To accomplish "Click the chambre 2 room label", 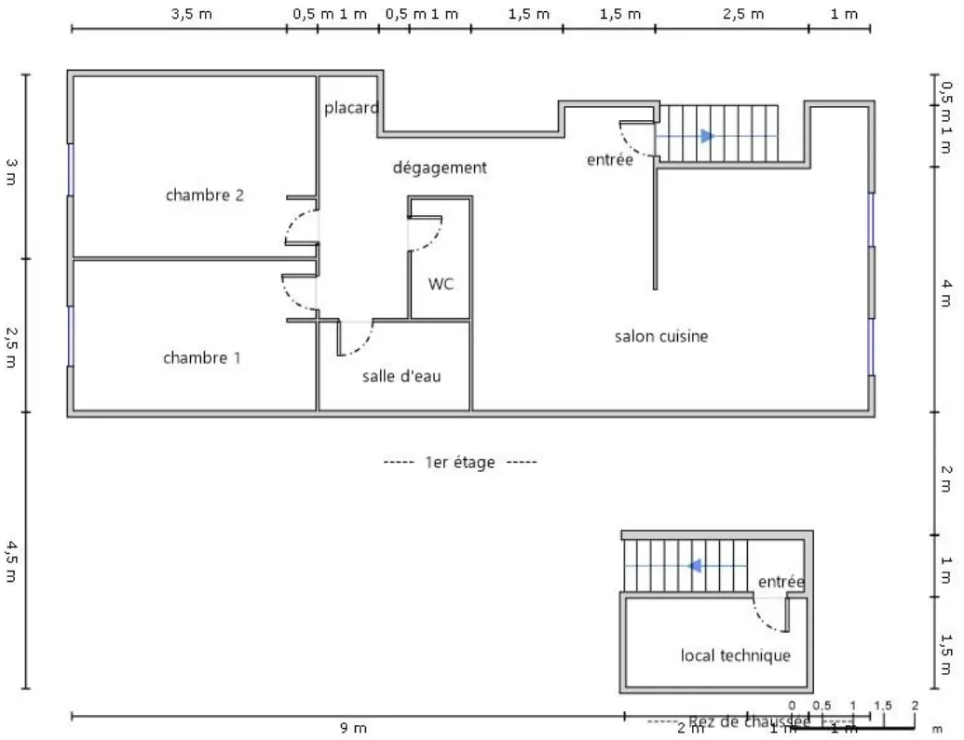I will click(x=205, y=195).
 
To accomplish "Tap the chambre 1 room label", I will click(x=202, y=357).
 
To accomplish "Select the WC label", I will click(x=441, y=284).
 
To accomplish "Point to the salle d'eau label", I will click(x=401, y=376).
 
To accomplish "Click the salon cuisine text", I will click(x=660, y=336).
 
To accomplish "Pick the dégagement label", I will click(x=440, y=168).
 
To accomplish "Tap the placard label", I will click(x=351, y=108).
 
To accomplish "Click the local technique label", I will click(x=735, y=655).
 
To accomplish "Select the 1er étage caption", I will click(x=460, y=462).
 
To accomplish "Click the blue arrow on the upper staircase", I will click(x=707, y=136).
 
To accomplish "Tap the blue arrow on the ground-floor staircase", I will click(x=694, y=565).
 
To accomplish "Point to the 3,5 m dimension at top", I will click(x=191, y=14).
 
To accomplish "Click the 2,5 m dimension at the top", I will click(x=743, y=14).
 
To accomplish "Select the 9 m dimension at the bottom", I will click(x=353, y=728).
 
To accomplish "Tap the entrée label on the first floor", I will click(x=609, y=160).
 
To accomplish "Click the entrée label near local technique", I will click(x=781, y=582).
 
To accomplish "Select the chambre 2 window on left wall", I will click(x=70, y=168).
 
